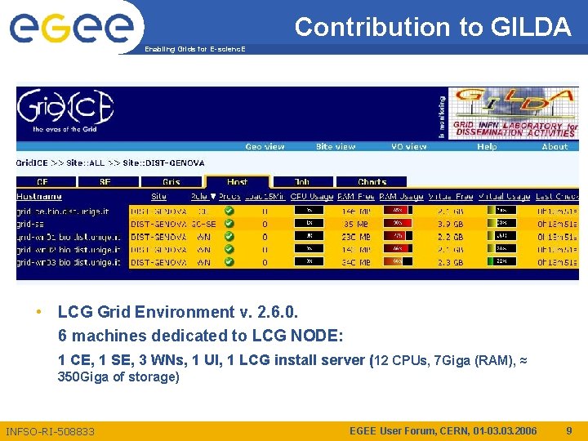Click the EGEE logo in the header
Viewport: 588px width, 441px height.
pos(71,27)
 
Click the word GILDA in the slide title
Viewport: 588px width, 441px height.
pos(532,28)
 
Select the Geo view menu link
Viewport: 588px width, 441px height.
pos(265,147)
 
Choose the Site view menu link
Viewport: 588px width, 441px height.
pos(336,147)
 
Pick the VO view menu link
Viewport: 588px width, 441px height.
pos(408,147)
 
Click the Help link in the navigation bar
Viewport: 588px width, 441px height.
pos(487,147)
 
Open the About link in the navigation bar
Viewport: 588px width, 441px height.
pos(555,147)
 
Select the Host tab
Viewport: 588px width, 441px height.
pos(237,182)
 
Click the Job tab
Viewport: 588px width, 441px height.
pos(302,182)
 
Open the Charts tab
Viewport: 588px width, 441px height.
pos(372,182)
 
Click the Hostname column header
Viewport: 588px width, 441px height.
pos(39,197)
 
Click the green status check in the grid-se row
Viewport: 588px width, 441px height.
pos(229,223)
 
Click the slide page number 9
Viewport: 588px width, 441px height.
pos(569,430)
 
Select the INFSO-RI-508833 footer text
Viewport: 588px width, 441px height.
pos(50,431)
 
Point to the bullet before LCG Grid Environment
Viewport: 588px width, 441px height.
pos(38,312)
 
